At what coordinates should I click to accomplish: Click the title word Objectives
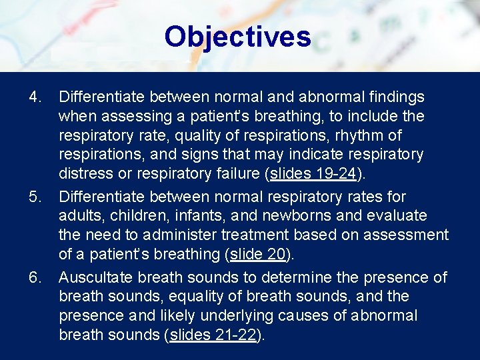(237, 37)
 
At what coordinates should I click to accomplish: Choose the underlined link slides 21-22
(213, 335)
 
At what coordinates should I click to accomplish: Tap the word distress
(83, 175)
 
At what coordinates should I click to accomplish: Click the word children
(139, 217)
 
